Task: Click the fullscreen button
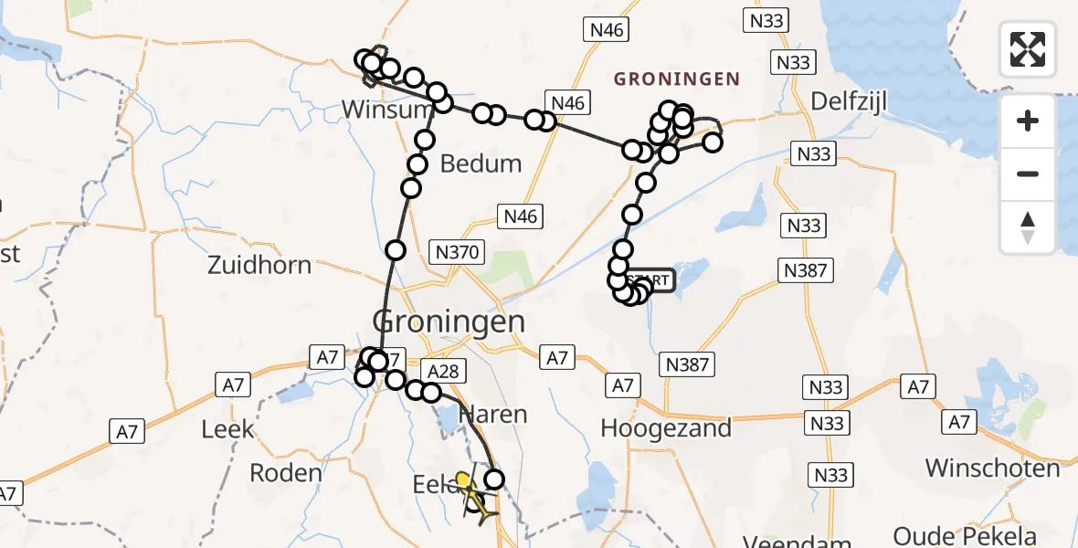tap(1028, 49)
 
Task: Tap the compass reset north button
tap(1028, 227)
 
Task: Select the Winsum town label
tap(386, 110)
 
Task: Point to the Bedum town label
tap(481, 164)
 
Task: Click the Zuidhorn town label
tap(259, 266)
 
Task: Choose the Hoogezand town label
tap(666, 427)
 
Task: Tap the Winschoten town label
tap(992, 469)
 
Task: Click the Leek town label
tap(227, 428)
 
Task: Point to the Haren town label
tap(493, 415)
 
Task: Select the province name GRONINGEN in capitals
tap(676, 79)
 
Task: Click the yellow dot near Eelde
tap(463, 479)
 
